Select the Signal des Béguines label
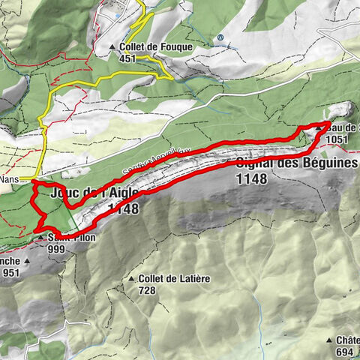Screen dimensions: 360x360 pos(297,164)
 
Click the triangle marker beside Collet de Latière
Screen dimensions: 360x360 pos(131,279)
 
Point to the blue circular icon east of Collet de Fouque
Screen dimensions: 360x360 pos(220,37)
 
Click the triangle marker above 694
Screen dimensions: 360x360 pos(331,340)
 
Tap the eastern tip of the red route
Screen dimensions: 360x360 pos(331,122)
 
